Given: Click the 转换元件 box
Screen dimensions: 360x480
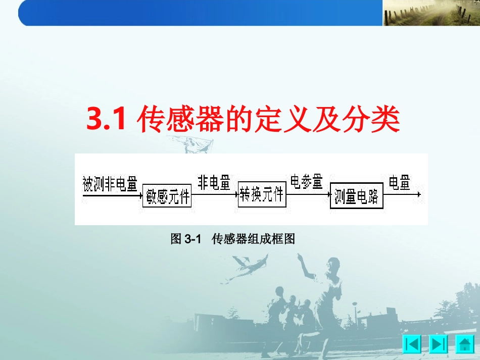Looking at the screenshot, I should (262, 194).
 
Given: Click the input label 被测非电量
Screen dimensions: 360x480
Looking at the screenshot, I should (110, 185).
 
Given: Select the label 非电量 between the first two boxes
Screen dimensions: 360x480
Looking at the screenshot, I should (214, 183).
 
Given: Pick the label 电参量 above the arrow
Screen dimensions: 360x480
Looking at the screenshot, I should (306, 182).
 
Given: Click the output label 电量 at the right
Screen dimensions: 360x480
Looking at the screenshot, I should (399, 183).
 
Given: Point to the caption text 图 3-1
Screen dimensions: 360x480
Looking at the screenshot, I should (186, 239).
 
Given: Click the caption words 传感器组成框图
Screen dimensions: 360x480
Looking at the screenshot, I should (253, 239).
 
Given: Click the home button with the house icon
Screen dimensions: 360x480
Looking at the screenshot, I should (465, 345).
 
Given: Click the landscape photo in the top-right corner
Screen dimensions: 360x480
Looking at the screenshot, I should (430, 13).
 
